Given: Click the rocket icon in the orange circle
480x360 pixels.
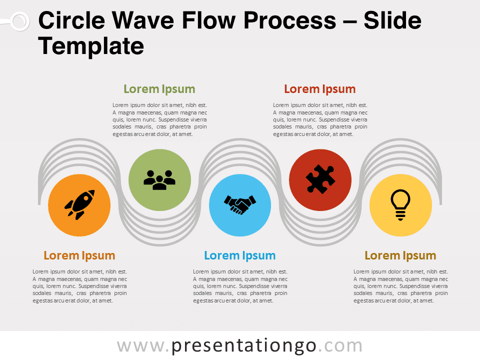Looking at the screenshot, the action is click(x=79, y=205).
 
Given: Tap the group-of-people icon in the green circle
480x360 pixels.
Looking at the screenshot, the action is click(x=159, y=180).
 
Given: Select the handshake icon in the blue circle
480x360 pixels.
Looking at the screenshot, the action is click(x=240, y=204).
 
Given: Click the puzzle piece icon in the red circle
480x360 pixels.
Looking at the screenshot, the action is click(x=320, y=179).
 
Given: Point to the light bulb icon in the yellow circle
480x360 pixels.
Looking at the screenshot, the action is click(x=400, y=205).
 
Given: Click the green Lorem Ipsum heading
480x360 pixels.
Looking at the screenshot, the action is click(x=159, y=89).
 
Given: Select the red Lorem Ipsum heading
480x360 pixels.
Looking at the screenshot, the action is click(x=320, y=89).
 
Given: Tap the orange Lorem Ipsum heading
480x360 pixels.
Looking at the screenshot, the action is click(x=79, y=255).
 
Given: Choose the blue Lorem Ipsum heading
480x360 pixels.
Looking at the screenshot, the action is click(x=240, y=255).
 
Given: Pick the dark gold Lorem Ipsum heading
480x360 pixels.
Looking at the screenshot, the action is click(x=400, y=255).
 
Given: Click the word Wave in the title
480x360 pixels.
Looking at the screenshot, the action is click(x=143, y=20).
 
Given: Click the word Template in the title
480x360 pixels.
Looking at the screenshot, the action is click(x=91, y=46).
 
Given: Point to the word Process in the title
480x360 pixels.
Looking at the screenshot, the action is click(x=289, y=20).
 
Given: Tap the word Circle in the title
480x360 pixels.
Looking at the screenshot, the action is click(x=71, y=20).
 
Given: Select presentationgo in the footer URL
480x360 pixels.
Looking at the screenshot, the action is click(x=243, y=346).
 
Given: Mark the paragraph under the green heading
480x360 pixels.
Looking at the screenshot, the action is click(x=159, y=119).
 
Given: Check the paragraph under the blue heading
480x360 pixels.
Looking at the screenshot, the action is click(x=240, y=286).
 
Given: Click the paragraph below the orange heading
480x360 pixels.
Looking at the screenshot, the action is click(x=79, y=286).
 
